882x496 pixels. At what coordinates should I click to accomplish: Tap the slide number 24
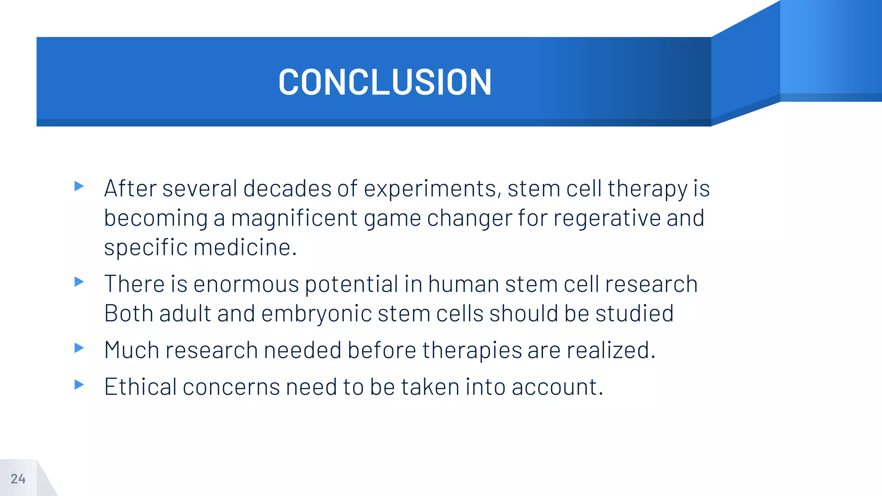[x=18, y=479]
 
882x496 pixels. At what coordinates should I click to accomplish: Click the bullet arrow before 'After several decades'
[x=79, y=186]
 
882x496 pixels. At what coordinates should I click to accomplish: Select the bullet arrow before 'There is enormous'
[x=79, y=282]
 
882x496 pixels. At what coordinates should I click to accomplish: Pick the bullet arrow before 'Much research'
[x=79, y=347]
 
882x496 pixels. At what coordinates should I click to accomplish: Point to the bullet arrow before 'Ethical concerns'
[x=79, y=384]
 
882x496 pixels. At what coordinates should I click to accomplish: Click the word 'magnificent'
[x=294, y=218]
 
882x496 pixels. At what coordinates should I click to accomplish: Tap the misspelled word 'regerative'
[x=607, y=218]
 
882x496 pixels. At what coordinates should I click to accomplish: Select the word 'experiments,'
[x=432, y=189]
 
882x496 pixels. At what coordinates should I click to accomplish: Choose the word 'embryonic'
[x=317, y=313]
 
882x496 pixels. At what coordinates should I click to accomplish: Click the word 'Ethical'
[x=140, y=387]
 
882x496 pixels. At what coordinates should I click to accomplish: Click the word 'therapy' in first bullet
[x=647, y=189]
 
